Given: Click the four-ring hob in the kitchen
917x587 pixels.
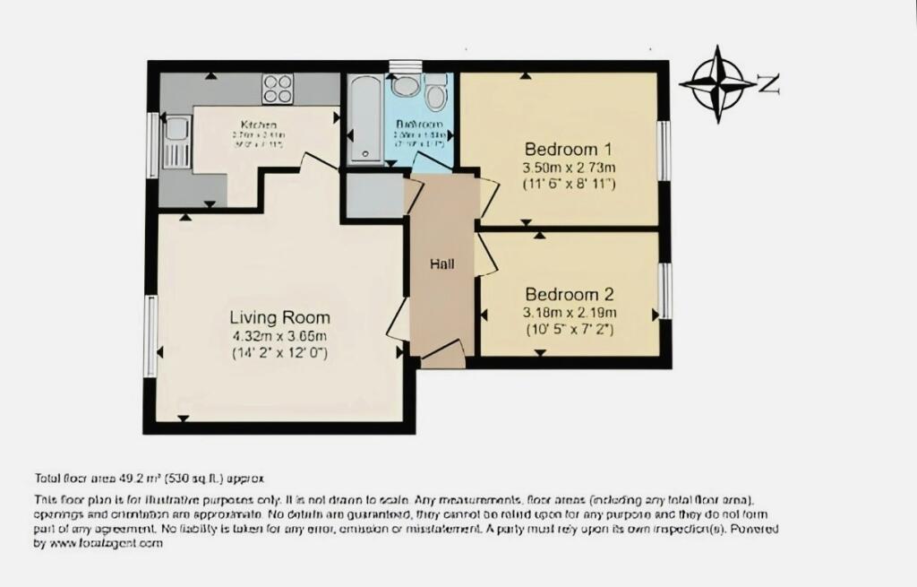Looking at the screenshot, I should pos(278,88).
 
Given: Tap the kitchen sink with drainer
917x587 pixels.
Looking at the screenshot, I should pos(176,142).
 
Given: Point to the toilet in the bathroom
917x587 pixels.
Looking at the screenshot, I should pos(436,93).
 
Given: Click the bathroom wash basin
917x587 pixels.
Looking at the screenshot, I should pos(405,87).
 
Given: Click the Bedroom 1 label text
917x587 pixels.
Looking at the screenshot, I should pos(569,149).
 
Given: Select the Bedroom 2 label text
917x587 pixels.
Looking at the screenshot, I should pos(570,295).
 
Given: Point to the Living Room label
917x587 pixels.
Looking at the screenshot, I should pos(279,317).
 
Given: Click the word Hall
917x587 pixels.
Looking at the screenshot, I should pos(441,264).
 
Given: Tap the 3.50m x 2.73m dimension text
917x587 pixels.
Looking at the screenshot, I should pos(570,168).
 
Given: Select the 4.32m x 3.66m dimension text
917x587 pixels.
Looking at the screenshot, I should pos(279,336).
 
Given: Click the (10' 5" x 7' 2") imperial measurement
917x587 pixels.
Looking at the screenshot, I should pos(570,330).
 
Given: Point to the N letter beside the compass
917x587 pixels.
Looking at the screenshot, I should pos(768,85).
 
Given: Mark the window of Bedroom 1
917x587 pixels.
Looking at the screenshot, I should pos(664,149).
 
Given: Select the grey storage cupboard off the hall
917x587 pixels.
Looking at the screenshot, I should pos(374,194).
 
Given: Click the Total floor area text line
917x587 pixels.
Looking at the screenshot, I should pos(149,478).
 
